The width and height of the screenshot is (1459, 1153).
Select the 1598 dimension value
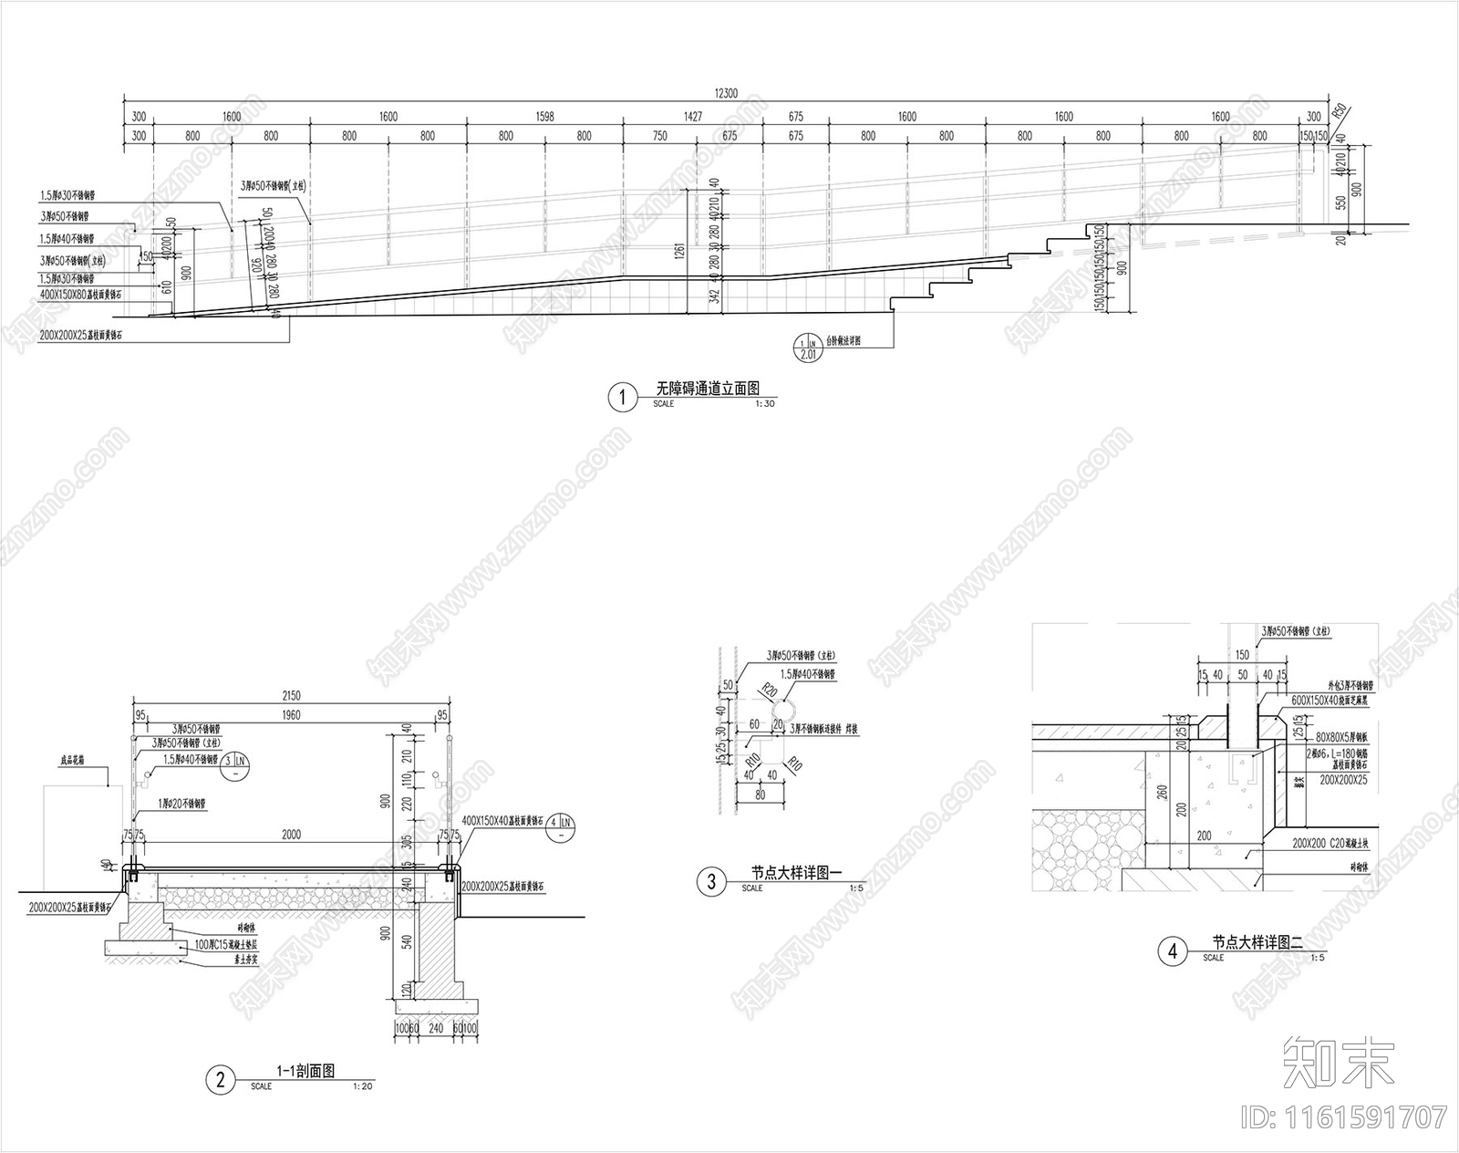544,117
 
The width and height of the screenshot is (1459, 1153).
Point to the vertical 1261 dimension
695,250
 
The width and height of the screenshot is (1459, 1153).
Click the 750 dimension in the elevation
660,136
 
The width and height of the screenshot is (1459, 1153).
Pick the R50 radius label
1340,112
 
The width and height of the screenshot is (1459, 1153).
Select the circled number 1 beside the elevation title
623,398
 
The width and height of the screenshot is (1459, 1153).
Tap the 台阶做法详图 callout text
843,339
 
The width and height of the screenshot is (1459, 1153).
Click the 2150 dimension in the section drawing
292,696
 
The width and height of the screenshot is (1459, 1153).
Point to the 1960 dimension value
292,715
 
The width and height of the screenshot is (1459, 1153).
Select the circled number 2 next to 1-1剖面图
220,1081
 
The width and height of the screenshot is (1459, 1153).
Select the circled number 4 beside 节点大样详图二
1172,952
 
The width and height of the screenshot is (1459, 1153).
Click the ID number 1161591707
1378,1117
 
